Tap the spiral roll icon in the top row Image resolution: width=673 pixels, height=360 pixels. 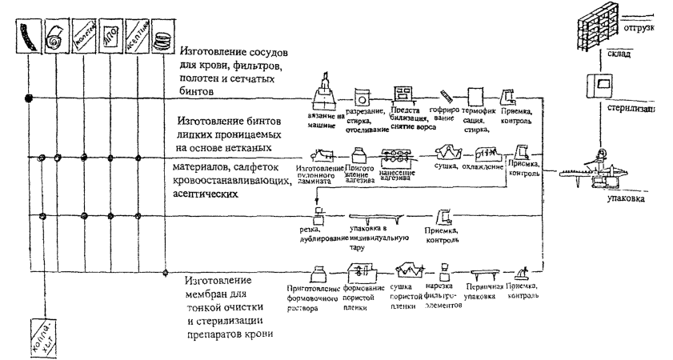(x=56, y=36)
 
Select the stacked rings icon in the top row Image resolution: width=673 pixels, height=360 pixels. (x=163, y=35)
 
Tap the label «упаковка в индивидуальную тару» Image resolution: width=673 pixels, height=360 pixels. (x=379, y=237)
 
